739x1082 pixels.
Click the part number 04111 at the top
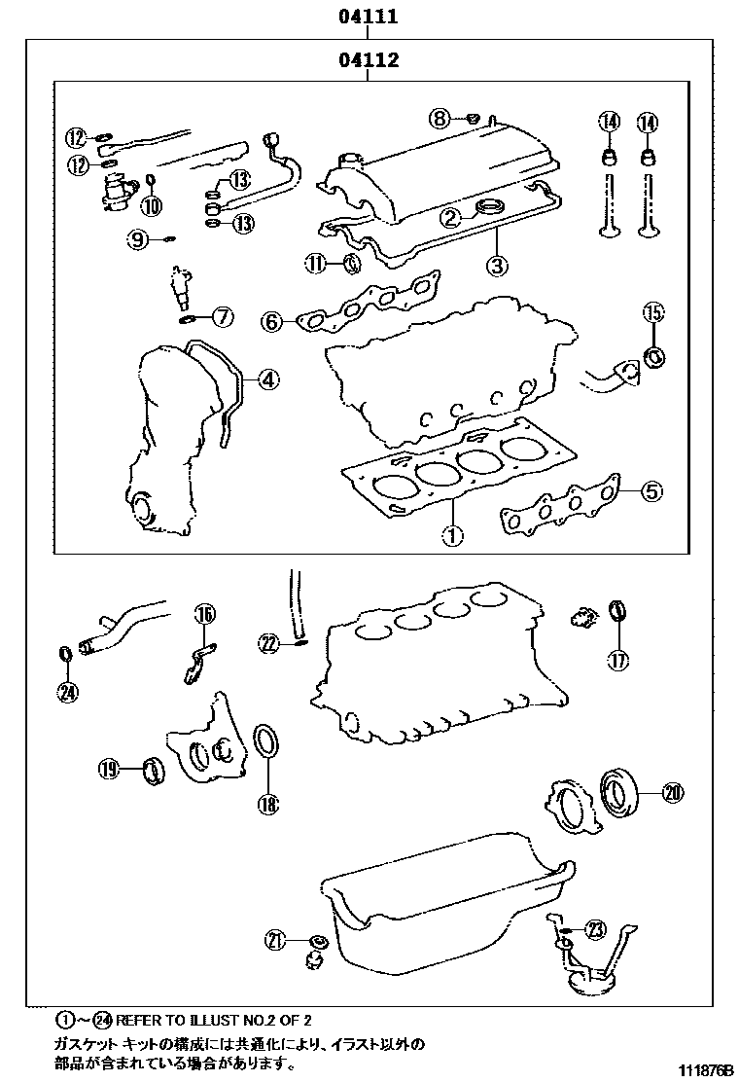click(368, 17)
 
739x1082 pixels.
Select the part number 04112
click(368, 60)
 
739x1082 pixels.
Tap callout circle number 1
click(453, 533)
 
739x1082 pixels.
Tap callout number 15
click(652, 313)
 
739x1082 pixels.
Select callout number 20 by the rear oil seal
click(672, 793)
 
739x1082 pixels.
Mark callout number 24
click(66, 692)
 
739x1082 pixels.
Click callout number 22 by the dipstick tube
click(269, 641)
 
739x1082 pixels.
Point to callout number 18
click(267, 803)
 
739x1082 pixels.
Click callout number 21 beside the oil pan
click(277, 939)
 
